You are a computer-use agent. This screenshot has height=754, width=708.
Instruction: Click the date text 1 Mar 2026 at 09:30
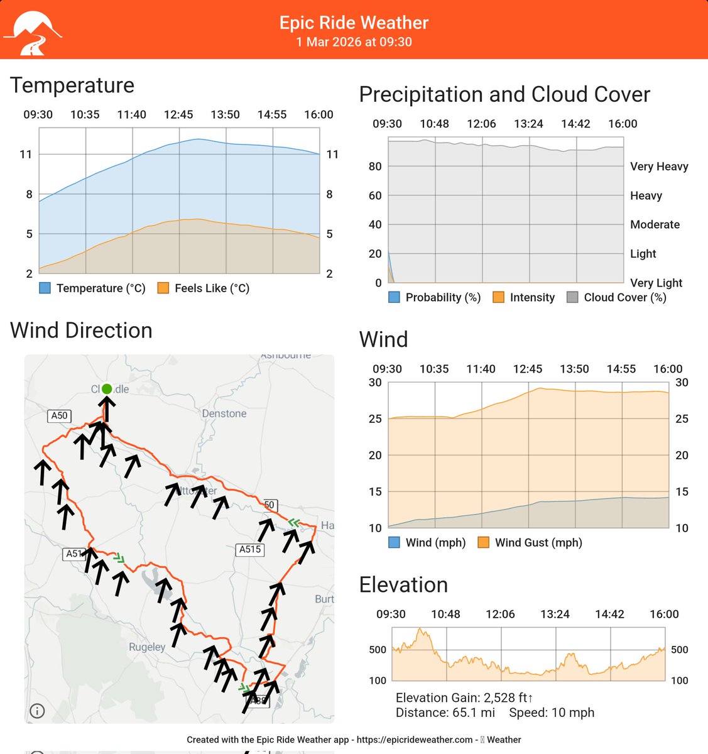[x=354, y=42]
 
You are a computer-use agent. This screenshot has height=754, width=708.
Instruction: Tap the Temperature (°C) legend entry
[x=92, y=288]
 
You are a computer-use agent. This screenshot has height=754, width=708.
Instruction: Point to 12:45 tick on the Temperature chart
[x=178, y=114]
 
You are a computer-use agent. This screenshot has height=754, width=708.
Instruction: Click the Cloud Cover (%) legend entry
[x=616, y=298]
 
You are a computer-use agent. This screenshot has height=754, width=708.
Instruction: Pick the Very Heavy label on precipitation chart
[x=659, y=167]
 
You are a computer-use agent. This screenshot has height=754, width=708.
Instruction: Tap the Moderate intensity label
[x=655, y=225]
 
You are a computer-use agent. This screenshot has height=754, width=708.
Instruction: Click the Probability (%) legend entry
[x=434, y=298]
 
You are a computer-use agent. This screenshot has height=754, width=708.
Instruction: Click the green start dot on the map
[x=107, y=389]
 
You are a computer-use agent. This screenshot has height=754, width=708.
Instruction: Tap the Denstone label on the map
[x=224, y=413]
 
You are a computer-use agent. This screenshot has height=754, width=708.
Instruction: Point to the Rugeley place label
[x=147, y=647]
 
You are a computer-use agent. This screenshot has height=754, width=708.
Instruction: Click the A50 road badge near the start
[x=59, y=415]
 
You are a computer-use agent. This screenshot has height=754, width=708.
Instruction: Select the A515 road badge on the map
[x=250, y=549]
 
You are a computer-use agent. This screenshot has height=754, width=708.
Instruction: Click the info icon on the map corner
[x=37, y=711]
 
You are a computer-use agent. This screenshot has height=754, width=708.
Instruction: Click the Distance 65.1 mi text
[x=445, y=713]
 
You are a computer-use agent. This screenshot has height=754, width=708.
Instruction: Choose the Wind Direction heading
[x=81, y=331]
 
